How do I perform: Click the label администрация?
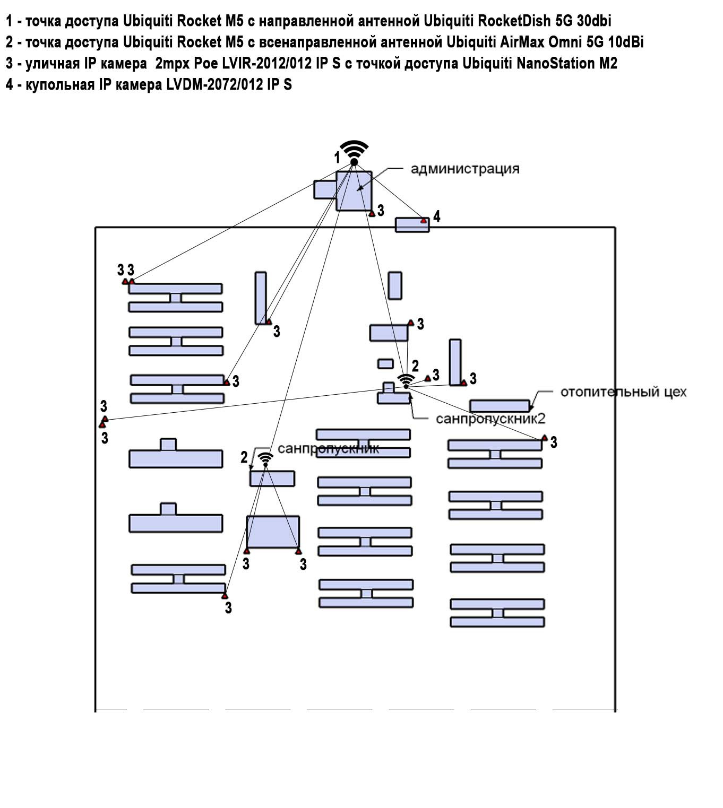coord(465,169)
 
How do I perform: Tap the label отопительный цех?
coord(623,392)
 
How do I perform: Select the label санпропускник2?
coord(490,419)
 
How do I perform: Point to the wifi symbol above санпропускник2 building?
coord(406,380)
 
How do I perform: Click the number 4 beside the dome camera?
coord(436,216)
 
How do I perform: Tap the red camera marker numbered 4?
coord(423,220)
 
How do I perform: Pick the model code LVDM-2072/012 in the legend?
coord(215,85)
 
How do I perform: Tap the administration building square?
coord(354,190)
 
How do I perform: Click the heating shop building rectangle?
coord(500,406)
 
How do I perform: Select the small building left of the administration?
coord(324,189)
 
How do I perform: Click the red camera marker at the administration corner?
coord(372,213)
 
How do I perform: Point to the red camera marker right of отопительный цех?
coord(544,438)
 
